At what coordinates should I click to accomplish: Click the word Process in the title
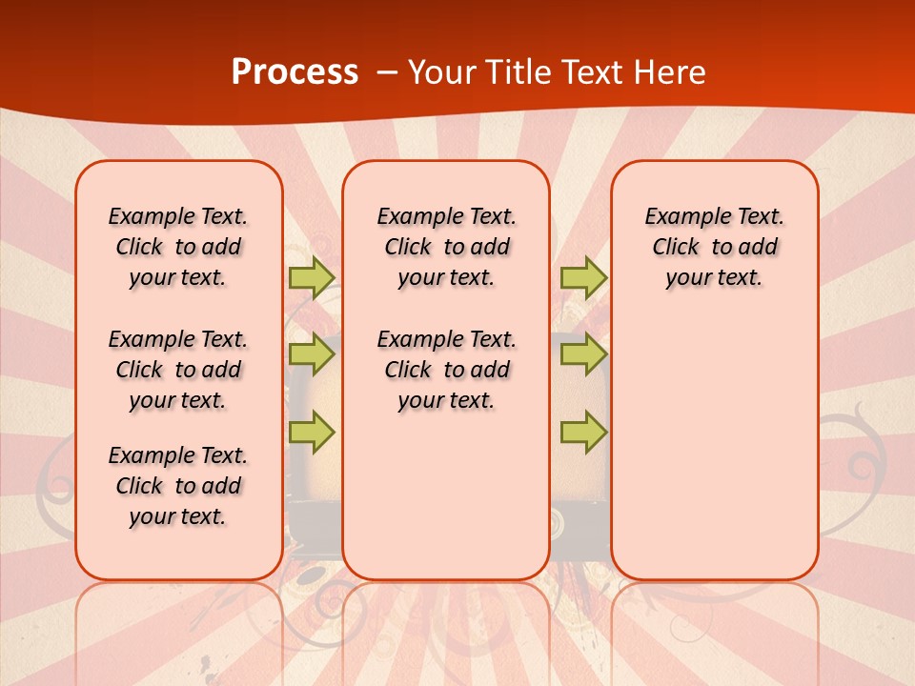pyautogui.click(x=295, y=72)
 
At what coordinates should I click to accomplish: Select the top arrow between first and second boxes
pyautogui.click(x=311, y=277)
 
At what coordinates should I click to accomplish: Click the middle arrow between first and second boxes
pyautogui.click(x=311, y=354)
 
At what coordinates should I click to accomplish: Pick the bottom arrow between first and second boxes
pyautogui.click(x=311, y=433)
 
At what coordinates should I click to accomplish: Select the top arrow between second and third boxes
pyautogui.click(x=583, y=277)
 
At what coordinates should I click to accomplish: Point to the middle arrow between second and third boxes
pyautogui.click(x=583, y=354)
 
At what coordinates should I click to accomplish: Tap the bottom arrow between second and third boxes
pyautogui.click(x=583, y=433)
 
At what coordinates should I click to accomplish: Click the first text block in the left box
pyautogui.click(x=178, y=247)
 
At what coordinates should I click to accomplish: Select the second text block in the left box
pyautogui.click(x=178, y=370)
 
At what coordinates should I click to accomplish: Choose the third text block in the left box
pyautogui.click(x=178, y=486)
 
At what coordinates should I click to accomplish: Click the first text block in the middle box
pyautogui.click(x=447, y=247)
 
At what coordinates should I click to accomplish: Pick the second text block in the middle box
pyautogui.click(x=447, y=370)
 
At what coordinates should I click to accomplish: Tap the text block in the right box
pyautogui.click(x=715, y=247)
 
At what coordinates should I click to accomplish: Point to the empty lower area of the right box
pyautogui.click(x=715, y=448)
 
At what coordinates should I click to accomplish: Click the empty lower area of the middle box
pyautogui.click(x=447, y=495)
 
